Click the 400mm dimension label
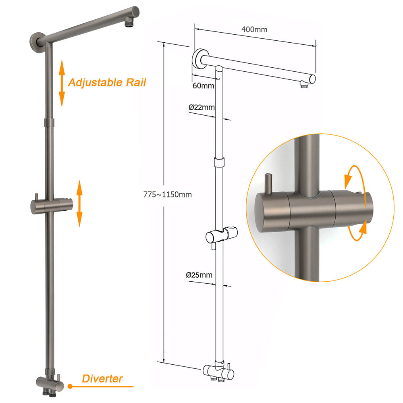coord(254,29)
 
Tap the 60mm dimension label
coord(204,85)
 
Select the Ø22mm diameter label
coord(201,107)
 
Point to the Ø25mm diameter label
coord(199,275)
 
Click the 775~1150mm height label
coord(168,194)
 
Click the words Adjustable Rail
coord(107,83)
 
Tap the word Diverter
coord(102,378)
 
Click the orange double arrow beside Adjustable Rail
coord(62,83)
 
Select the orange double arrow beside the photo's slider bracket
coord(79,204)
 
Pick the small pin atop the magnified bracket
coord(269,181)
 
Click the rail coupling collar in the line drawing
coord(218,162)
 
